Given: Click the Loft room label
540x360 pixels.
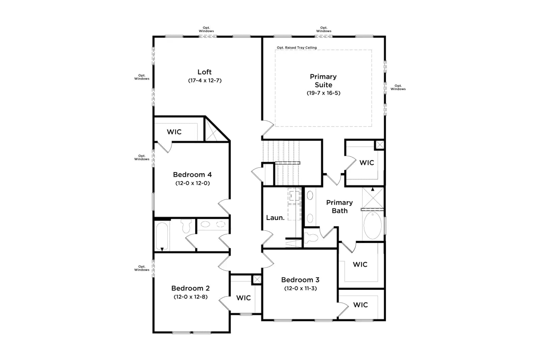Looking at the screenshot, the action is pos(205,72).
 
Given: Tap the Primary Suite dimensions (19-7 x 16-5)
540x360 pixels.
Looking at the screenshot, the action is pos(323,93).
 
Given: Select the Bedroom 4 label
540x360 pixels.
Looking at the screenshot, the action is pos(192,174).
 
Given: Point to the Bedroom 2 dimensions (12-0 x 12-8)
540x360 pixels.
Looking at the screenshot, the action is pos(190,297).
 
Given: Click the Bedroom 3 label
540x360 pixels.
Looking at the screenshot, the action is pos(300,280).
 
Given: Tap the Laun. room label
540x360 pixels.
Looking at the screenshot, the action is pos(275,218).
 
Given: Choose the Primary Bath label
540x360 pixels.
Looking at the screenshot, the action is pos(340,206).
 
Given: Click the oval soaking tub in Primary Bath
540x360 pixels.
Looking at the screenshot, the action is pos(373,225).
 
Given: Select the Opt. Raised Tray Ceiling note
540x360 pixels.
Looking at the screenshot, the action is pos(297,48).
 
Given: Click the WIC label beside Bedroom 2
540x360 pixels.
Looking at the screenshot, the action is pos(243,298).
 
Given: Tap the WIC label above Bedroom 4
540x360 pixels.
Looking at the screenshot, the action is pos(174,132).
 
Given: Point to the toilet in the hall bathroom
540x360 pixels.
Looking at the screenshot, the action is pos(186,226).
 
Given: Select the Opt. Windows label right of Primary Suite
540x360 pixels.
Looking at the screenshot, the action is pos(398,87).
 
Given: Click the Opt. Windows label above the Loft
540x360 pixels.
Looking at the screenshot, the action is pos(206,29).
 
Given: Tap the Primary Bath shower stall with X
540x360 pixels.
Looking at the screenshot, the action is pos(373,198).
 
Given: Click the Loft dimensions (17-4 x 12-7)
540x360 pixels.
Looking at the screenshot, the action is pos(205,81).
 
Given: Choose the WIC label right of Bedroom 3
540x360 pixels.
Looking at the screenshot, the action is pos(360,305).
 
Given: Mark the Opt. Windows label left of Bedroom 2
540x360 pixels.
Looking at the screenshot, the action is pos(142,268).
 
